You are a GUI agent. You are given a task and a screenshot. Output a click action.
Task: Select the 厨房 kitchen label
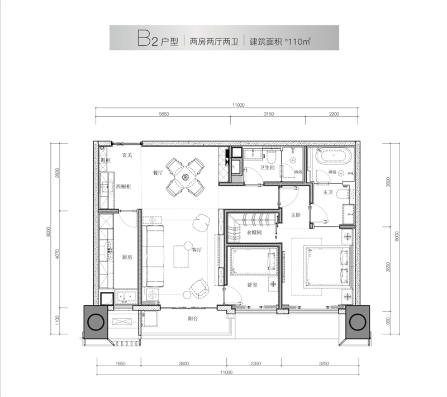click(x=127, y=257)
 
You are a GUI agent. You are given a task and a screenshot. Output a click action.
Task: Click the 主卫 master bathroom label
click(x=328, y=192)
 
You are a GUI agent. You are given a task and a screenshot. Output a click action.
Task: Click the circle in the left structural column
click(x=95, y=322)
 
